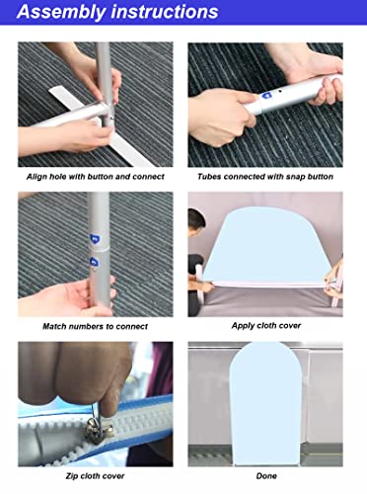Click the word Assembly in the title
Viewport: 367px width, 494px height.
pos(61,13)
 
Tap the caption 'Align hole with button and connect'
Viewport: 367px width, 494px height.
pos(96,177)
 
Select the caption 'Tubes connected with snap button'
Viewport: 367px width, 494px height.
pos(265,177)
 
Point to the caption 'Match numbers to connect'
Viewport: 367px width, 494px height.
pos(96,327)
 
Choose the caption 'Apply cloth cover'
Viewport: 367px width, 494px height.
pos(266,326)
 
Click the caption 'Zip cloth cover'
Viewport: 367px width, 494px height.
pos(96,476)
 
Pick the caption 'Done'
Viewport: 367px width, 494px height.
pos(266,476)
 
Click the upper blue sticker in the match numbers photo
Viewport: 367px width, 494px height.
pos(95,238)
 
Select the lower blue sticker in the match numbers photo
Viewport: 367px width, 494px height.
pos(95,262)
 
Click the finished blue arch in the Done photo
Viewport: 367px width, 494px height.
pos(265,403)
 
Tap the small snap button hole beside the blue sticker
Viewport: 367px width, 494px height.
pos(279,91)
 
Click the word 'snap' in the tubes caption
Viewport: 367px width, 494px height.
pos(296,177)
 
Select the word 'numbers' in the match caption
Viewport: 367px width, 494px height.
pos(87,327)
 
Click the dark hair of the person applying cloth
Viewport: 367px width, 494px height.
pos(196,217)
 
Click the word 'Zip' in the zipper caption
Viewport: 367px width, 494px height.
pos(72,476)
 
